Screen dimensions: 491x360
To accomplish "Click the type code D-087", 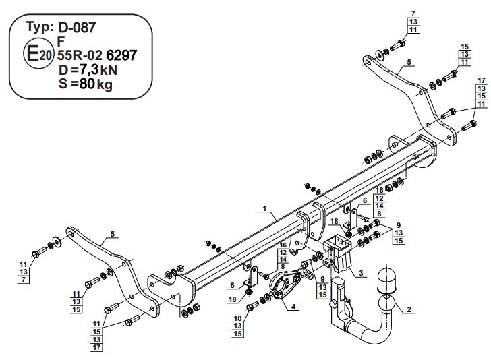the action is [x=77, y=28].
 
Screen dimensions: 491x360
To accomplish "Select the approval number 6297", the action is [x=121, y=55].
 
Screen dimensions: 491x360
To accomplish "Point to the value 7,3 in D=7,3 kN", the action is [x=88, y=69].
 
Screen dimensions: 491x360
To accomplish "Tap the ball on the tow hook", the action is [x=386, y=303].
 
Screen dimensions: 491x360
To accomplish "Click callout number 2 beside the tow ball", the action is [x=409, y=309].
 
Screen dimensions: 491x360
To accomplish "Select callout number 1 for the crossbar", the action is [x=264, y=208].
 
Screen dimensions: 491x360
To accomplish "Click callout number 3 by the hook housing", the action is [x=361, y=273].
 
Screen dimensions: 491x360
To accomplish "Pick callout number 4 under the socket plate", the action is [x=293, y=307].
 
